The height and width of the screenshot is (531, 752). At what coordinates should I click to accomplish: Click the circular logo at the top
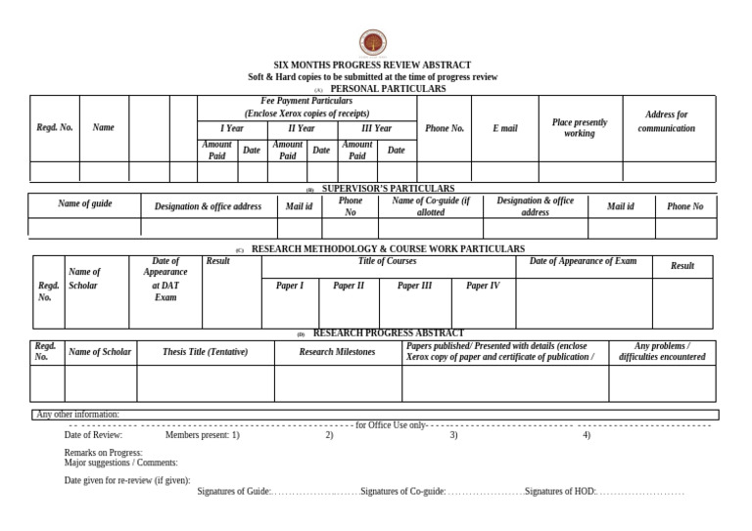pyautogui.click(x=372, y=42)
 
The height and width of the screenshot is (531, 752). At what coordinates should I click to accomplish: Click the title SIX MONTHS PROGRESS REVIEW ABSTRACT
pyautogui.click(x=372, y=65)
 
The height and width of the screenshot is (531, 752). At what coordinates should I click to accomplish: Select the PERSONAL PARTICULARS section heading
pyautogui.click(x=387, y=89)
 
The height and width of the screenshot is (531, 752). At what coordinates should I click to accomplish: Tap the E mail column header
pyautogui.click(x=505, y=128)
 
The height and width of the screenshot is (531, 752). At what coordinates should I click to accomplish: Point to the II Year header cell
pyautogui.click(x=302, y=128)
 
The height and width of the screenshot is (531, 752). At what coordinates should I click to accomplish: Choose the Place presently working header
pyautogui.click(x=579, y=128)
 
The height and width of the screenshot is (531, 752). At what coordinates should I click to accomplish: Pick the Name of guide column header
pyautogui.click(x=85, y=203)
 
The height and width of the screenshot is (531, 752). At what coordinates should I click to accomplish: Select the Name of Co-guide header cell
pyautogui.click(x=431, y=206)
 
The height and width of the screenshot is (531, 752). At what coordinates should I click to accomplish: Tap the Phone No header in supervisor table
pyautogui.click(x=684, y=206)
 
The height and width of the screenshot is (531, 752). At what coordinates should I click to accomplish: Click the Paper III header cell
pyautogui.click(x=414, y=286)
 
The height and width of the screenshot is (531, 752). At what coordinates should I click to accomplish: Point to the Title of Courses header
pyautogui.click(x=387, y=261)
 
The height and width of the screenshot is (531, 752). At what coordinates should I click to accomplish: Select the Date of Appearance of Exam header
pyautogui.click(x=583, y=261)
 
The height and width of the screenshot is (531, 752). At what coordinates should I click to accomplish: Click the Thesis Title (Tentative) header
pyautogui.click(x=205, y=352)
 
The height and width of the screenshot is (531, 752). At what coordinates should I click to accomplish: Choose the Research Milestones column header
pyautogui.click(x=337, y=352)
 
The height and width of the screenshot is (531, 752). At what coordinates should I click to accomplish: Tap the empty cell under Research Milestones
pyautogui.click(x=337, y=383)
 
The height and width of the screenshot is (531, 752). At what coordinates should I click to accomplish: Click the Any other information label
pyautogui.click(x=77, y=415)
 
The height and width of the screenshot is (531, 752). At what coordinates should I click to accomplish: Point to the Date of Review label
pyautogui.click(x=93, y=435)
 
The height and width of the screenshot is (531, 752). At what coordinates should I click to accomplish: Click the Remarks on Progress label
pyautogui.click(x=103, y=453)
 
